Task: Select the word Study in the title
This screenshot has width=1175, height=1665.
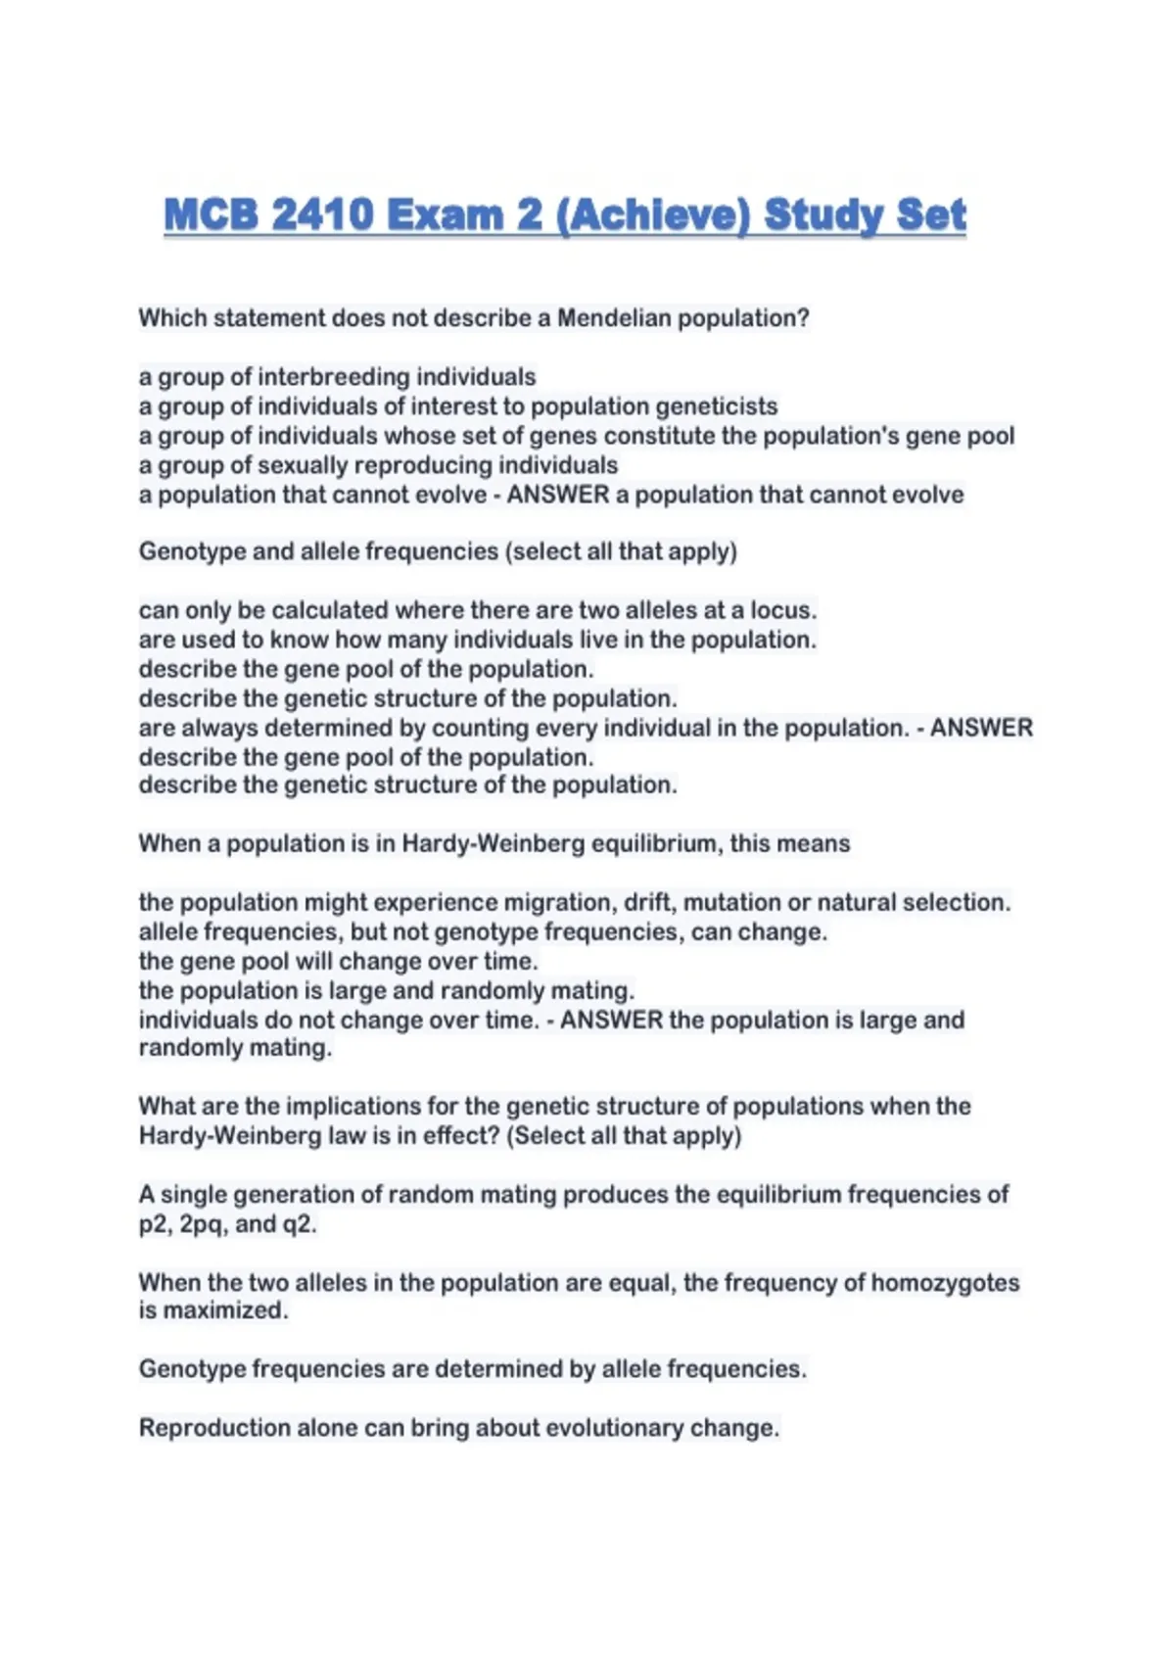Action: click(x=835, y=214)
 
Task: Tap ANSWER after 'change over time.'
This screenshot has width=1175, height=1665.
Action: click(x=612, y=1020)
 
